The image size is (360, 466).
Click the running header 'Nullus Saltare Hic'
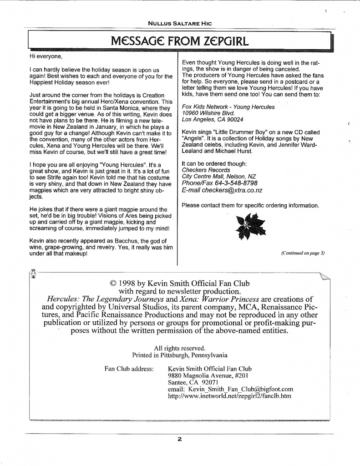pyautogui.click(x=180, y=23)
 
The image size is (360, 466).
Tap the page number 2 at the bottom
pyautogui.click(x=180, y=439)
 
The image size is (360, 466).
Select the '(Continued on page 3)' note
pyautogui.click(x=303, y=253)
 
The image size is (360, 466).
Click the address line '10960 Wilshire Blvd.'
pyautogui.click(x=210, y=113)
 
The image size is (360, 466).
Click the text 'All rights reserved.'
pyautogui.click(x=180, y=348)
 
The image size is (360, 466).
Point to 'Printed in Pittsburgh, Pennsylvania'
pyautogui.click(x=180, y=355)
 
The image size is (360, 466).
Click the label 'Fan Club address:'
pyautogui.click(x=129, y=369)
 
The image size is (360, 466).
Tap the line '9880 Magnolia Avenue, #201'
pyautogui.click(x=208, y=375)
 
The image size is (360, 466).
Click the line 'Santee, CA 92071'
pyautogui.click(x=193, y=382)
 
